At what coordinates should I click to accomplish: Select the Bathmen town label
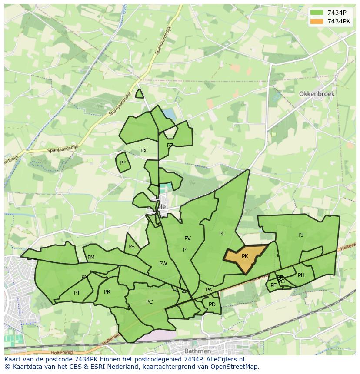pos(197,351)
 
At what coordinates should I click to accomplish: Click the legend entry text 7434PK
pos(339,21)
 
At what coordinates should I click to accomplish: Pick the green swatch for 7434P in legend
pos(317,13)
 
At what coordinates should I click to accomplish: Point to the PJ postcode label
pos(301,235)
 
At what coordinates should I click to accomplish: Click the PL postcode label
pos(222,234)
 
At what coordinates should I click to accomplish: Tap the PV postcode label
pos(187,238)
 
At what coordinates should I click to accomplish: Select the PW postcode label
pos(163,264)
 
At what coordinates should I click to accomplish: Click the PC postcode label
pos(149,302)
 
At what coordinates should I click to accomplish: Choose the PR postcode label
pos(107,292)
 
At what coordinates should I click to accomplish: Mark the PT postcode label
pos(77,293)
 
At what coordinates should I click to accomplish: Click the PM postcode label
pos(91,258)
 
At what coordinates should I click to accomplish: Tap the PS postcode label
pos(131,247)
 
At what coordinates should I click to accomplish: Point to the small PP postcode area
pos(123,163)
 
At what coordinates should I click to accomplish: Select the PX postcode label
pos(143,151)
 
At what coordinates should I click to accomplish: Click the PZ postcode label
pos(170,146)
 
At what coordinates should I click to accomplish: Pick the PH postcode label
pos(301,275)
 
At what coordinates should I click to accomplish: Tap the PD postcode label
pos(212,304)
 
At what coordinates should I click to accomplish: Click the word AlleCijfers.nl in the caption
pos(224,359)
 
